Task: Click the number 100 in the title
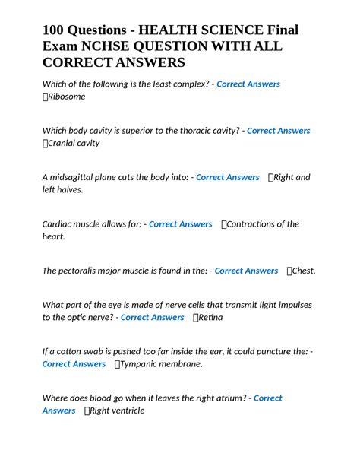(55, 30)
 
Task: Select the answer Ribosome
(68, 97)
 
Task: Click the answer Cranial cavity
(74, 143)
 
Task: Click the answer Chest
(304, 271)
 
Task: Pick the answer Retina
(212, 317)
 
